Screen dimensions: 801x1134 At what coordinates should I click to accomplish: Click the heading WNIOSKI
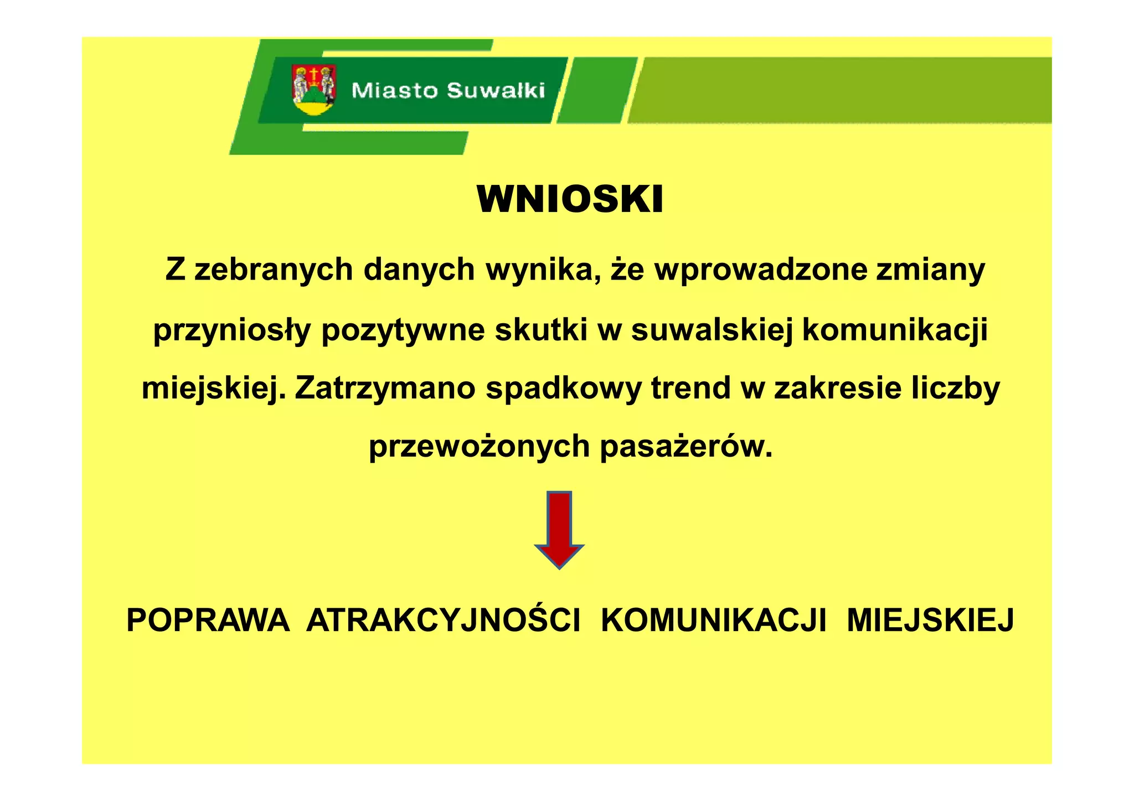(570, 199)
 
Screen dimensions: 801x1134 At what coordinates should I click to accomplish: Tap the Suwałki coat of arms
(314, 90)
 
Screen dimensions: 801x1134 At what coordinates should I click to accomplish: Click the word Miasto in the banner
(394, 90)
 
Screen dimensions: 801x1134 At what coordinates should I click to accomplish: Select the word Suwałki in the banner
(496, 90)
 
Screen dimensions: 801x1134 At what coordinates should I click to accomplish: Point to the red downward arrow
(559, 529)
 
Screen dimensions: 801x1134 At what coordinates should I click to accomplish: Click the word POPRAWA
(208, 620)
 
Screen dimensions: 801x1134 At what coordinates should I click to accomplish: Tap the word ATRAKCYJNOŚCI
(443, 620)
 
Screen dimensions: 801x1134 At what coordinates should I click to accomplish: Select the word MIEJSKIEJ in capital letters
(930, 620)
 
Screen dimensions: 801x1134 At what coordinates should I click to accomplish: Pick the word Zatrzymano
(385, 388)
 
